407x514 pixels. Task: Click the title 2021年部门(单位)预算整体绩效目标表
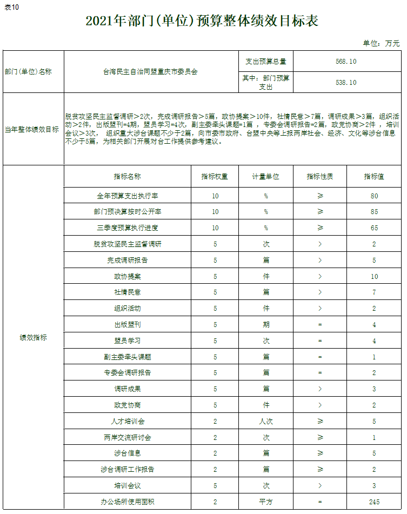click(x=202, y=22)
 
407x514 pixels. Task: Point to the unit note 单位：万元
click(x=381, y=43)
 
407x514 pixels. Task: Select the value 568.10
click(x=346, y=62)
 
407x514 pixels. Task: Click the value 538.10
click(x=346, y=83)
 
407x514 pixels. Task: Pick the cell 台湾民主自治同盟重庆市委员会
click(x=150, y=72)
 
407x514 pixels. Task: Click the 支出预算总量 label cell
click(x=265, y=62)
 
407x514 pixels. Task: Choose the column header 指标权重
click(x=215, y=177)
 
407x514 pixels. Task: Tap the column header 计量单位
click(x=265, y=177)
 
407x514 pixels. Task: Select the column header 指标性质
click(x=319, y=177)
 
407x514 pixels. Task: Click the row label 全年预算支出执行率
click(x=128, y=196)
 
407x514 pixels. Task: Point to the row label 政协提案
click(x=128, y=276)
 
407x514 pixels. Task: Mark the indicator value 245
click(x=374, y=502)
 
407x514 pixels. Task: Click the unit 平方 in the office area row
click(x=265, y=502)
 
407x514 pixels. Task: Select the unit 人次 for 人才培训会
click(x=265, y=421)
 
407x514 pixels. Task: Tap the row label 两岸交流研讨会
click(x=128, y=437)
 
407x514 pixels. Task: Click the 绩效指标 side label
click(x=33, y=338)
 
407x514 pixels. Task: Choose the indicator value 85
click(x=374, y=212)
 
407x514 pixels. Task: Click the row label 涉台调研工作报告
click(x=128, y=469)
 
